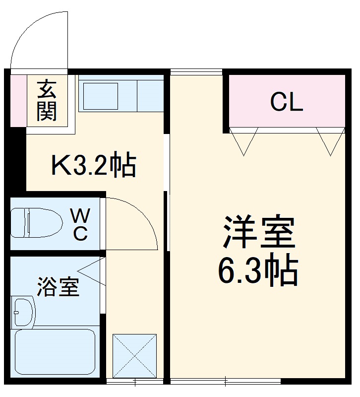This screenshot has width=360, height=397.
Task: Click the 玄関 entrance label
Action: (47, 101)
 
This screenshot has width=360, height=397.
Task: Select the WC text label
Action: (80, 224)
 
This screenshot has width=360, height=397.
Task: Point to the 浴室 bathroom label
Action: (58, 286)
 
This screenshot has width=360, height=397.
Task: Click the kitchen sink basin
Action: (101, 96)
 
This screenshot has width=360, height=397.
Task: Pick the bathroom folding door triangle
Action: (92, 272)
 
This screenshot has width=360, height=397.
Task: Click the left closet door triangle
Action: (244, 140)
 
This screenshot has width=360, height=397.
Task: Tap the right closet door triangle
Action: (329, 140)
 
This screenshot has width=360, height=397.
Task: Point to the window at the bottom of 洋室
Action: (226, 382)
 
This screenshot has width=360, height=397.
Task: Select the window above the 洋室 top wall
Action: (196, 71)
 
